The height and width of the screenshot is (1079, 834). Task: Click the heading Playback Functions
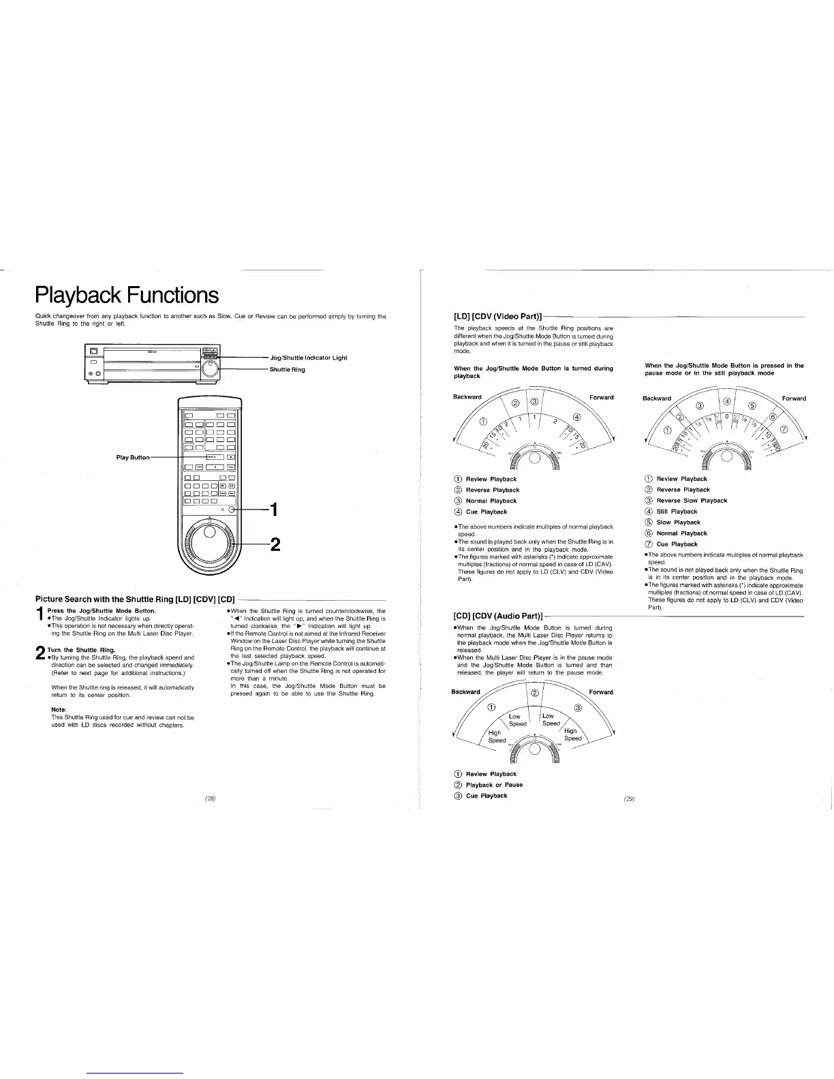tap(127, 295)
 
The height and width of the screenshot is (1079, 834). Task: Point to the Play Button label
tap(133, 457)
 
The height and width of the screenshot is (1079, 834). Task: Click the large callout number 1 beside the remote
tap(273, 510)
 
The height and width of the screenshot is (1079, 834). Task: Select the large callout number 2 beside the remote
tap(275, 544)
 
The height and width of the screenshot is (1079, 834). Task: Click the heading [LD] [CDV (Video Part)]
tap(497, 317)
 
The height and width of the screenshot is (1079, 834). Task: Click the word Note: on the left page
tap(59, 710)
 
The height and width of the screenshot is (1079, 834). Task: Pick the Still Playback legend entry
tap(677, 512)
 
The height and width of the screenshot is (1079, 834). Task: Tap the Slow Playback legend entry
tap(678, 522)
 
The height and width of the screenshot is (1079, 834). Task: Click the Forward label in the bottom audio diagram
tap(601, 692)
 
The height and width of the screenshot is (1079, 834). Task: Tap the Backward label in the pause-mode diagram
tap(657, 398)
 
